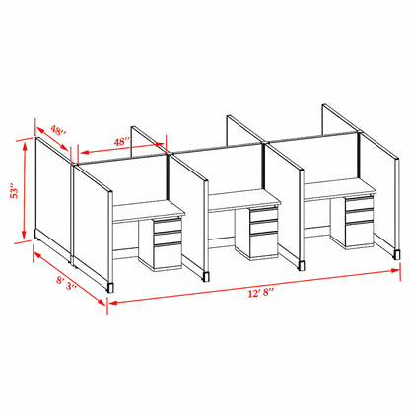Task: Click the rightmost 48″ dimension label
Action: pyautogui.click(x=122, y=142)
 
